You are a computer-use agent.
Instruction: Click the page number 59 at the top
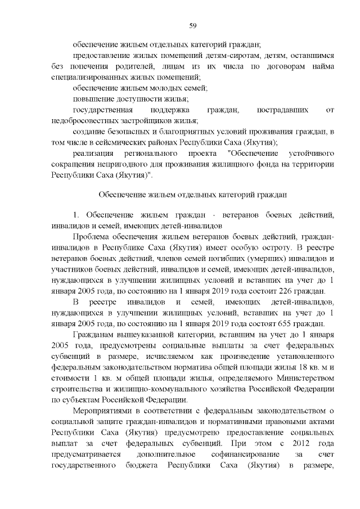pyautogui.click(x=192, y=25)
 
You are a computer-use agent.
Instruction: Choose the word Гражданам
pyautogui.click(x=95, y=334)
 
